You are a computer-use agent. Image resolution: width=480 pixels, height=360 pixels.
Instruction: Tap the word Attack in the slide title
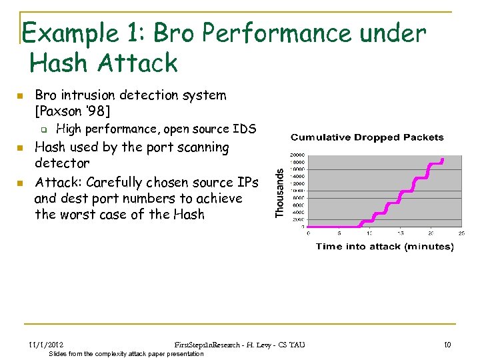tap(138, 63)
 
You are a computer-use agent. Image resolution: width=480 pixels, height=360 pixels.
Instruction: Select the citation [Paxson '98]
tap(73, 111)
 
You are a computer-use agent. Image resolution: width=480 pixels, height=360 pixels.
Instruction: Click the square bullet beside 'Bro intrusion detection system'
tap(21, 96)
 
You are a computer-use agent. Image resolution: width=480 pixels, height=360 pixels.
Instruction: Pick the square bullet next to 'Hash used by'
tap(21, 148)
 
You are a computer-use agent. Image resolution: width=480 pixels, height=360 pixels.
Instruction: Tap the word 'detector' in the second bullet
tap(62, 163)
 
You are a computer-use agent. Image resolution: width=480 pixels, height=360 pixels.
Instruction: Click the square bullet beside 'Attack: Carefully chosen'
tap(21, 183)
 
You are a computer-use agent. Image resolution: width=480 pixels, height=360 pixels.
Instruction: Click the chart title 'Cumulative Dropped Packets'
tap(367, 137)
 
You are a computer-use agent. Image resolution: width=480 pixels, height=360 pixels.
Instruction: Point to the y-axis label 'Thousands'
tap(280, 191)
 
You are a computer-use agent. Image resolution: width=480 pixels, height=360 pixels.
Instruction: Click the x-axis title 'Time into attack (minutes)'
tap(384, 247)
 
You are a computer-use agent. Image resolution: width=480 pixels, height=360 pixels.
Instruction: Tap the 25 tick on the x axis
tap(461, 233)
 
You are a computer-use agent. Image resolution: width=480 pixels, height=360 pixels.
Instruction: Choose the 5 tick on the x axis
tap(339, 233)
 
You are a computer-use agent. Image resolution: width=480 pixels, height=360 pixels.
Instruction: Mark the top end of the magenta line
tap(443, 159)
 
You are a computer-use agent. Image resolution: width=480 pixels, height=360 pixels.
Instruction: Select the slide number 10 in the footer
tap(447, 344)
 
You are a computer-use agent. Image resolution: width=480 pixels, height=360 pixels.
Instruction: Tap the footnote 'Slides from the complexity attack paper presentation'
tap(127, 353)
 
